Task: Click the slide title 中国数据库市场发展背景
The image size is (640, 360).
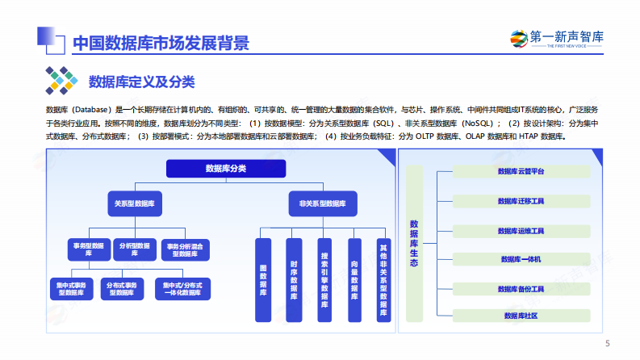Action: [160, 43]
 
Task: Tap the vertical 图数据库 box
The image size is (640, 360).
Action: [263, 280]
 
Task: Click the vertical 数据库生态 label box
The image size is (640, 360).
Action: [414, 241]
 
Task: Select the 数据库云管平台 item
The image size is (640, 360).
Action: [521, 171]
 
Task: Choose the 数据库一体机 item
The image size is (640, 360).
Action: [521, 259]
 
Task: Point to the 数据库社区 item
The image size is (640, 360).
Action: [521, 316]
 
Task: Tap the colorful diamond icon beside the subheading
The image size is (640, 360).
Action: [61, 81]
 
